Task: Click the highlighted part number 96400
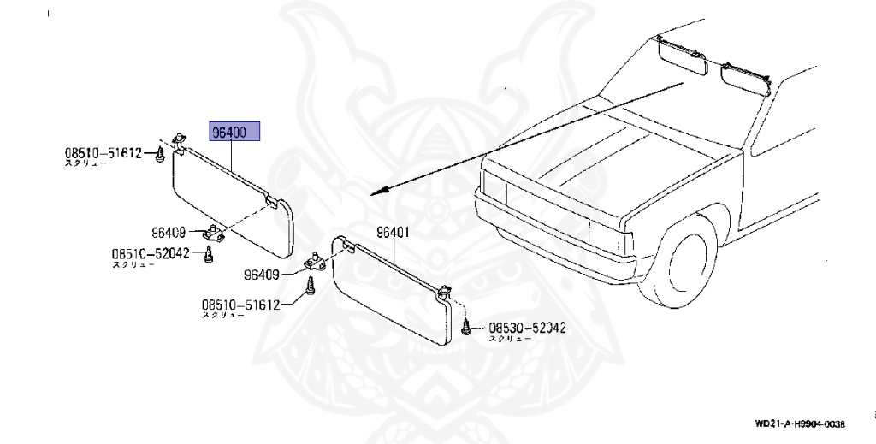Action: (x=235, y=133)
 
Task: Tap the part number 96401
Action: (x=394, y=232)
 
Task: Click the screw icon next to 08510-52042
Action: (x=208, y=254)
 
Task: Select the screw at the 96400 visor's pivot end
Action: (x=160, y=155)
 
